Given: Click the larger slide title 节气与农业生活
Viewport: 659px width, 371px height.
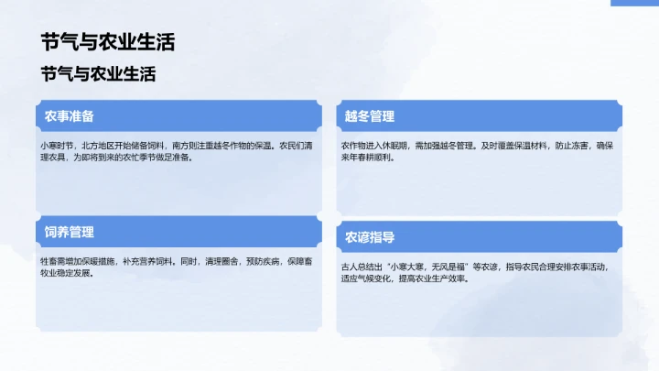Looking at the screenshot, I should (108, 42).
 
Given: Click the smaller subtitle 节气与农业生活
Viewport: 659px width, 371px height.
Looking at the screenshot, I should (98, 74).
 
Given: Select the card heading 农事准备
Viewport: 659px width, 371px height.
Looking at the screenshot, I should (70, 116).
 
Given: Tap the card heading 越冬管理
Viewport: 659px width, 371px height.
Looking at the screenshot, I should (369, 116).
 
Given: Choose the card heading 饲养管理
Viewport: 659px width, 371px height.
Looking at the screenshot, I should (70, 232).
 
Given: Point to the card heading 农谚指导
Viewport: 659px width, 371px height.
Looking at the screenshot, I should (369, 237).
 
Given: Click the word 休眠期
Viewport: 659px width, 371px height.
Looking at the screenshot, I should (396, 146).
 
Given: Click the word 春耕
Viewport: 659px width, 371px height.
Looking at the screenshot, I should (371, 158).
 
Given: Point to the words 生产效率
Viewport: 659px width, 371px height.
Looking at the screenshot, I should (448, 278).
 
